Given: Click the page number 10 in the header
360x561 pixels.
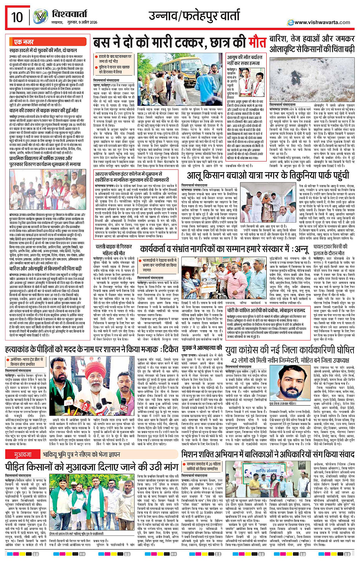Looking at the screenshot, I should pos(17,18).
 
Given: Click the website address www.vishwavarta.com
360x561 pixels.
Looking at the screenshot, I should pos(322,22).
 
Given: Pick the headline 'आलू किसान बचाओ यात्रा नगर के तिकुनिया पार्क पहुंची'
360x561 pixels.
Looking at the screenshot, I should pos(267,176).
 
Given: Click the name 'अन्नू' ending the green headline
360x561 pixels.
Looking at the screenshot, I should pos(301,249).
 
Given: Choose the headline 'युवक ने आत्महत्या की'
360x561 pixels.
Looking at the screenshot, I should pos(202,348).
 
